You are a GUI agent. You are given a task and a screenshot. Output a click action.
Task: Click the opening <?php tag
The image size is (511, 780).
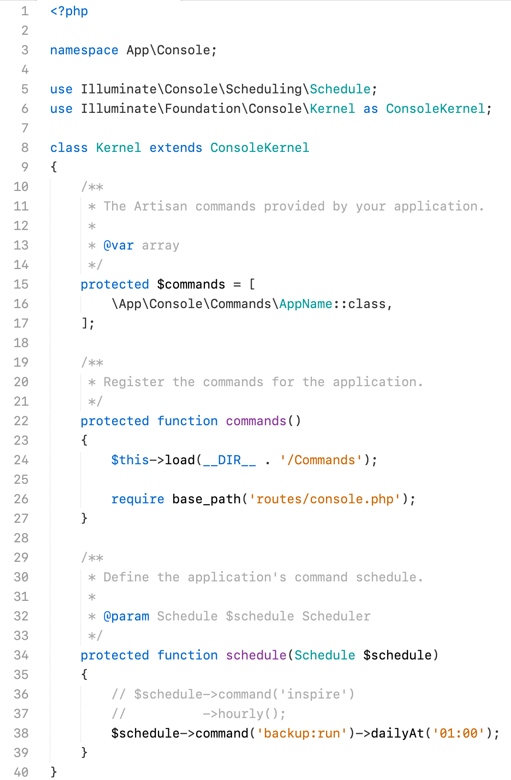(x=69, y=11)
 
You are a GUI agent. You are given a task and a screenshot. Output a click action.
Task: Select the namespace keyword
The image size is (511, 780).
(x=84, y=50)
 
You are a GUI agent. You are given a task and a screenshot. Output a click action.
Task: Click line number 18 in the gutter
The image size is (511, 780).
(x=21, y=343)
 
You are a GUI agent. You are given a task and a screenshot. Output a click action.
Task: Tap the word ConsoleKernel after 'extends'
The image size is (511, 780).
(x=260, y=148)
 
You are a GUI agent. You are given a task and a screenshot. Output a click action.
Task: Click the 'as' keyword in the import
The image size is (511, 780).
(x=371, y=109)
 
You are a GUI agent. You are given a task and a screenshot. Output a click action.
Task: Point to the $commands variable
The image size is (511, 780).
(x=191, y=284)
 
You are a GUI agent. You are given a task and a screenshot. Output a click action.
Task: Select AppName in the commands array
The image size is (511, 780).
(x=306, y=304)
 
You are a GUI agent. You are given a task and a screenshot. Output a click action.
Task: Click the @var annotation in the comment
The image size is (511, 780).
(x=118, y=245)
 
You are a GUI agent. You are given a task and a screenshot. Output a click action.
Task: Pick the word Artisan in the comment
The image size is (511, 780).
(x=160, y=206)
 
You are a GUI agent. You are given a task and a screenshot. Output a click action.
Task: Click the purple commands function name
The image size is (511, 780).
(x=256, y=421)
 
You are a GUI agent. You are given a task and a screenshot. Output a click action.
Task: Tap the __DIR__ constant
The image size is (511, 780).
(x=229, y=460)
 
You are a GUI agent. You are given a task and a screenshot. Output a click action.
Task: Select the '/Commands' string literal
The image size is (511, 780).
(x=321, y=460)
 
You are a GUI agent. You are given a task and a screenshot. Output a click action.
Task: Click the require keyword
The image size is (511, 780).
(x=138, y=499)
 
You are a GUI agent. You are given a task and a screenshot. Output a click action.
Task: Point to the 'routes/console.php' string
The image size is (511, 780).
(x=325, y=499)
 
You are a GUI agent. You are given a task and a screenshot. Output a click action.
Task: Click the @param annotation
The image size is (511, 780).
(x=126, y=616)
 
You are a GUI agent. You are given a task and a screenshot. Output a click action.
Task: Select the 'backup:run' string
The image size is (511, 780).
(x=302, y=733)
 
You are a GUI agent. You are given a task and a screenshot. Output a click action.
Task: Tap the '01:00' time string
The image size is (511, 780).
(x=458, y=733)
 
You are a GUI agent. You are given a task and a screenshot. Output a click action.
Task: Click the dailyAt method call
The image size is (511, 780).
(x=397, y=733)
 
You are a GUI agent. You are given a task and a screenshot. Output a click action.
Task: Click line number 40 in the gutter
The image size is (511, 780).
(x=21, y=772)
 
